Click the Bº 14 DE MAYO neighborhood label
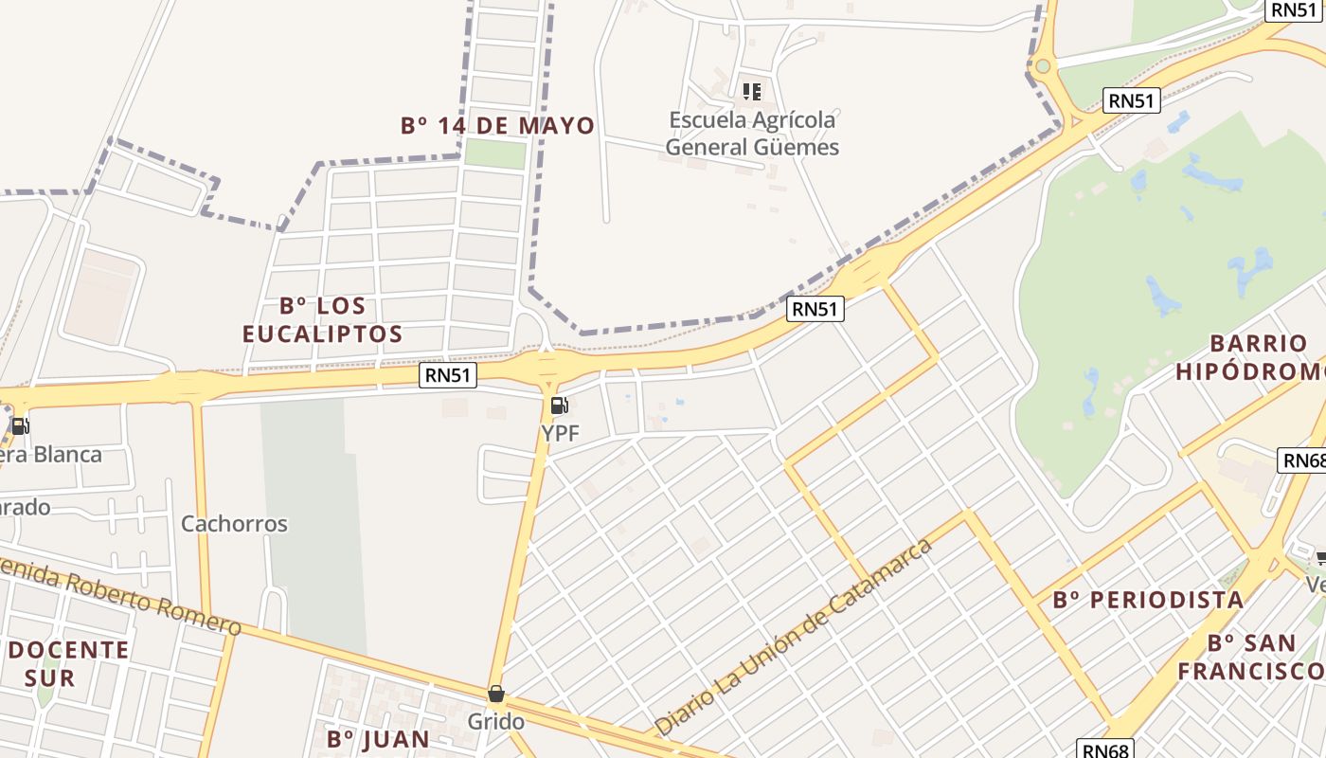click(497, 125)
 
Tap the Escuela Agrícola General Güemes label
click(752, 134)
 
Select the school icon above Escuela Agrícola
click(752, 92)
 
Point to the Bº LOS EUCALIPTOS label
click(322, 320)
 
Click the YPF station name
click(560, 433)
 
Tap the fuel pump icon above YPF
click(560, 406)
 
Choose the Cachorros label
click(234, 523)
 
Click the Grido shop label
click(496, 722)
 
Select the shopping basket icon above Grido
click(496, 694)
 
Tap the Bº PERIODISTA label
click(1148, 600)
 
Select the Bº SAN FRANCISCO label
click(1250, 657)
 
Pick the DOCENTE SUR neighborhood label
click(68, 663)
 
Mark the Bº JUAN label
click(378, 738)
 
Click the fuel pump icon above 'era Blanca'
click(20, 425)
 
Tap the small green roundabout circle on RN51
click(1043, 65)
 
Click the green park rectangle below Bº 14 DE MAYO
click(495, 153)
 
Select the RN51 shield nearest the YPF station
click(448, 376)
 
